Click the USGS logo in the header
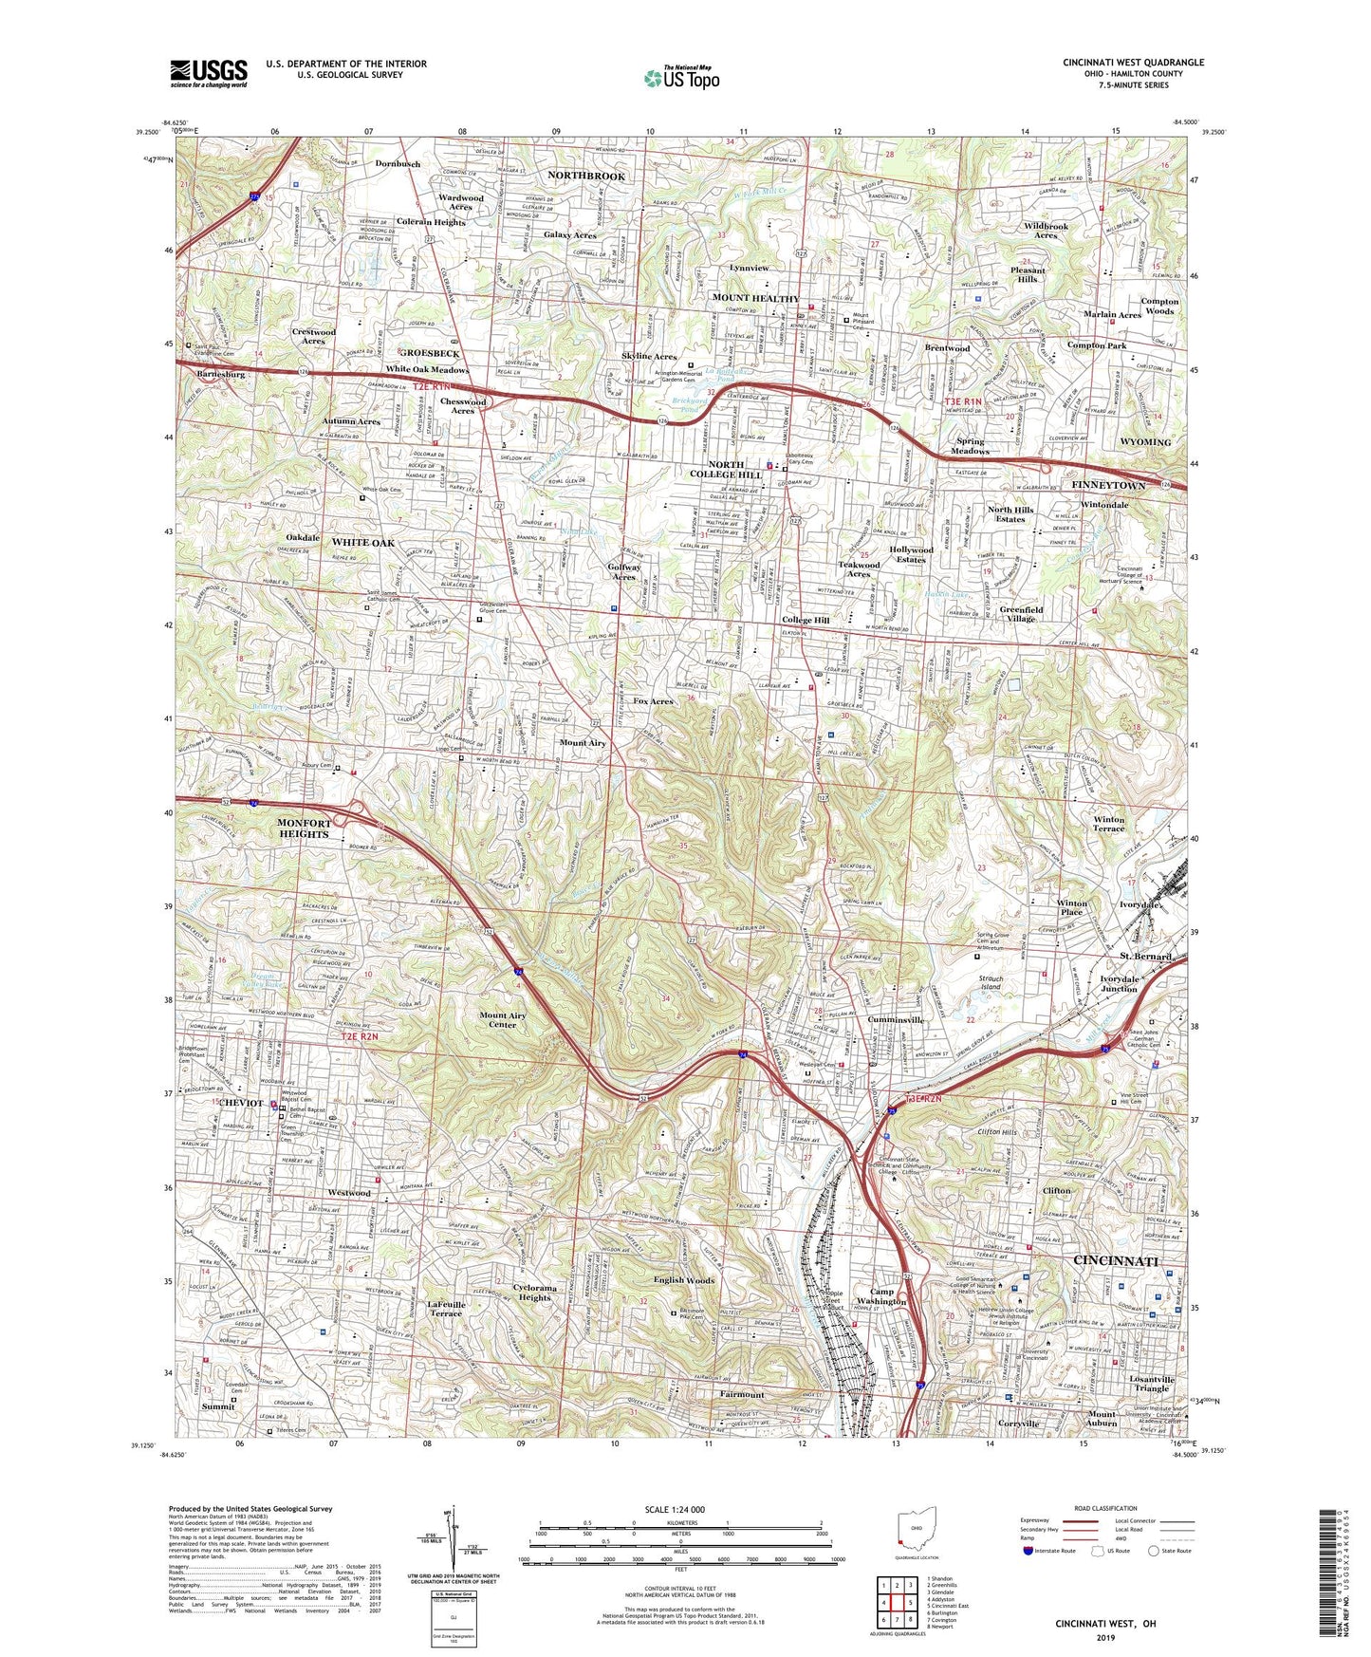[208, 72]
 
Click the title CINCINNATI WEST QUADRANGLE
[1133, 63]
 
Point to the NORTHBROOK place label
[586, 177]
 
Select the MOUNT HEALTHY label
[755, 298]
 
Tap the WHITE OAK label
[362, 543]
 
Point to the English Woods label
[684, 1280]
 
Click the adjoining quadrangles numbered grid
[897, 1601]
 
